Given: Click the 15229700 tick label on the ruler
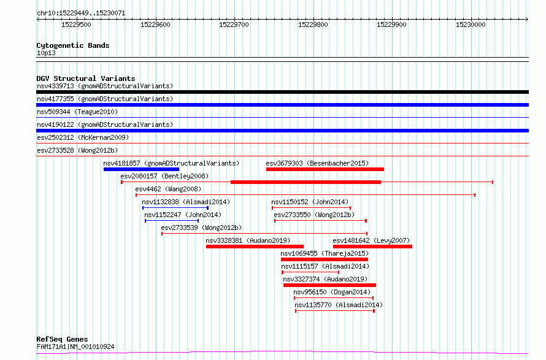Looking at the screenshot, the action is click(x=234, y=25).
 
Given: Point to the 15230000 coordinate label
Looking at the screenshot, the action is click(x=471, y=25).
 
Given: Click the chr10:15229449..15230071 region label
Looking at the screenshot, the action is click(x=81, y=13).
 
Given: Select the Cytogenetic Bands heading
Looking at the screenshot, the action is click(x=73, y=45).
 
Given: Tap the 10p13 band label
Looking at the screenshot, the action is click(x=46, y=53).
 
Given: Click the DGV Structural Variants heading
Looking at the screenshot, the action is click(x=86, y=79).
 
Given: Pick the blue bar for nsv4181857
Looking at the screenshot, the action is click(x=141, y=169).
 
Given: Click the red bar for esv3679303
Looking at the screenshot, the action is click(x=325, y=169).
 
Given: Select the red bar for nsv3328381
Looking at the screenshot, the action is click(x=255, y=247).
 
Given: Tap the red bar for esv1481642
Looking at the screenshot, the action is click(x=372, y=247).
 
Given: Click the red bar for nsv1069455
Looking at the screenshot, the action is click(x=325, y=260).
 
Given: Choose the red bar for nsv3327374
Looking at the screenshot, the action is click(x=330, y=286).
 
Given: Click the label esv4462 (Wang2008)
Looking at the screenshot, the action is click(x=168, y=189).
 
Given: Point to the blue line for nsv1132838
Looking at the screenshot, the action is click(x=175, y=208).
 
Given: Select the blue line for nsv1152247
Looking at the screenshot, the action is click(x=172, y=221).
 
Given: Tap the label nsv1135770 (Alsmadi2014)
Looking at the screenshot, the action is click(x=339, y=305).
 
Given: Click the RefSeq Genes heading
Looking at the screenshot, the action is click(x=63, y=340).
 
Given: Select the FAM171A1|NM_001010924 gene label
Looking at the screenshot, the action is click(x=75, y=347).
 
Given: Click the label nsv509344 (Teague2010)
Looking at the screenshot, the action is click(x=77, y=112).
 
